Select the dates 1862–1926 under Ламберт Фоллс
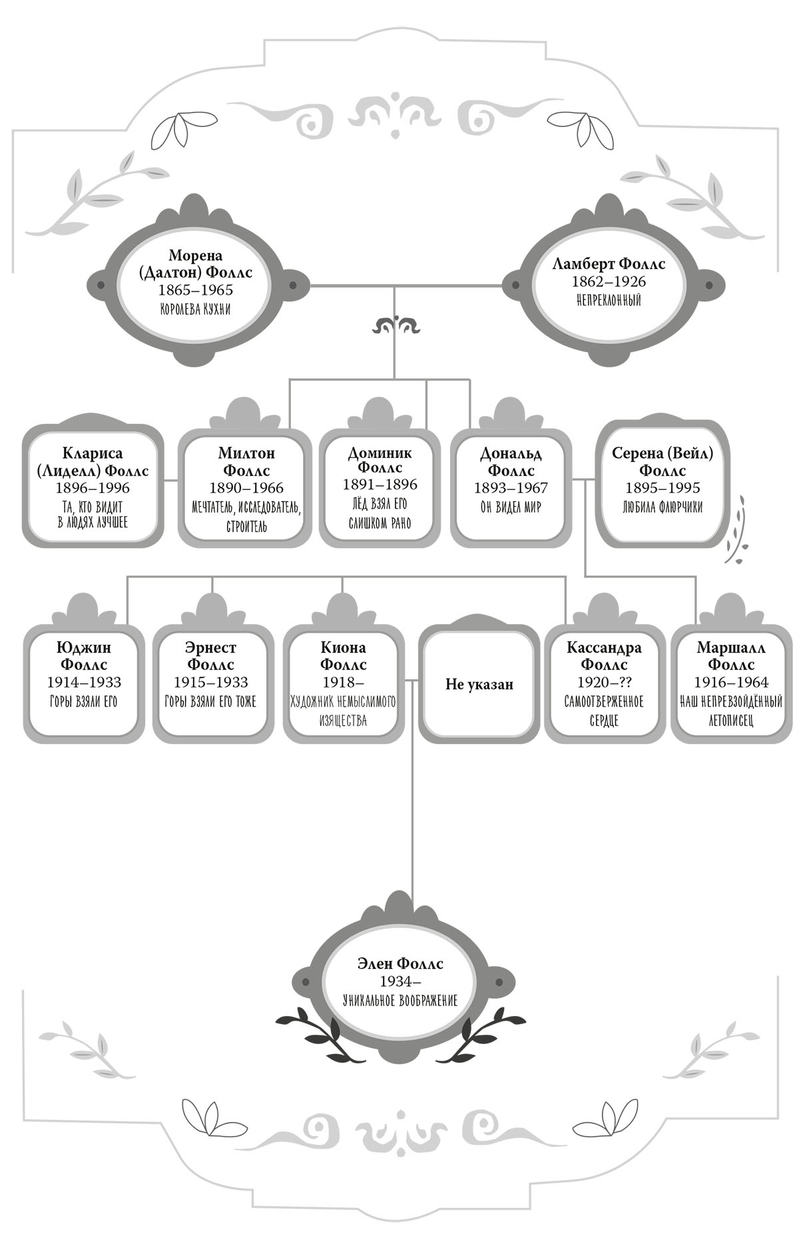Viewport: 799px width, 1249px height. coord(609,281)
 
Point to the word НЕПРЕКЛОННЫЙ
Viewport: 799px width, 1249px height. coord(609,300)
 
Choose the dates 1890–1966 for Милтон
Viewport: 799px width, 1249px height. coord(246,488)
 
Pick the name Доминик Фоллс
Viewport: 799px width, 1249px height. coord(380,460)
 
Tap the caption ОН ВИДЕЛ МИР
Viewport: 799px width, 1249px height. coord(511,507)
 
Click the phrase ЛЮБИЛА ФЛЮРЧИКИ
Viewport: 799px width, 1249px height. coord(662,507)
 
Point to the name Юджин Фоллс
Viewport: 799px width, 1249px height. coord(83,656)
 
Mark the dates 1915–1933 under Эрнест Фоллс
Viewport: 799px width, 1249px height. coord(211,683)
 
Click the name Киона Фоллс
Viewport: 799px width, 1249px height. coord(344,656)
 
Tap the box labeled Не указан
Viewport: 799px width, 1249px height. coord(479,683)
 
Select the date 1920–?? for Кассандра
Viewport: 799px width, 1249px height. coord(604,683)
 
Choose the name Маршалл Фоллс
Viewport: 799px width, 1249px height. coord(731,656)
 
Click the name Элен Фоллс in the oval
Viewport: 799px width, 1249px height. coord(400,964)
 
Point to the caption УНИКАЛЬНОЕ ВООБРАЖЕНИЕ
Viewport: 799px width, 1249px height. coord(400,1000)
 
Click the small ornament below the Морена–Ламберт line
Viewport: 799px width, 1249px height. coord(396,325)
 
